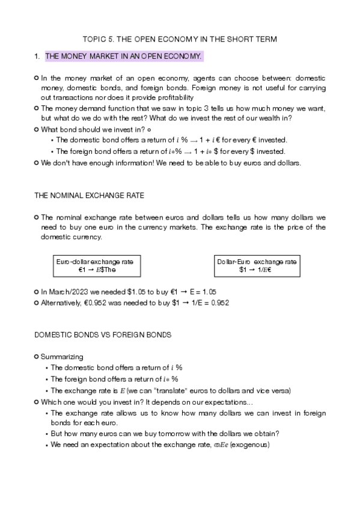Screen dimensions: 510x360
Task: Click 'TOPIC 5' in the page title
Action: pyautogui.click(x=99, y=39)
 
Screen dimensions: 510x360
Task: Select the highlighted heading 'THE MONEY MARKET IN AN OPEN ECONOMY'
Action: pyautogui.click(x=124, y=57)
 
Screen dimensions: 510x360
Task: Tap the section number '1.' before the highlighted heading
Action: pyautogui.click(x=37, y=57)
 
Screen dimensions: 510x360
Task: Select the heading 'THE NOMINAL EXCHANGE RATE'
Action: pyautogui.click(x=89, y=196)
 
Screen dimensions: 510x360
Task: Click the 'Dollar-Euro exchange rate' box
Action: pyautogui.click(x=257, y=266)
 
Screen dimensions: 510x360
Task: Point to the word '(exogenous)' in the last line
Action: pyautogui.click(x=249, y=445)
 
